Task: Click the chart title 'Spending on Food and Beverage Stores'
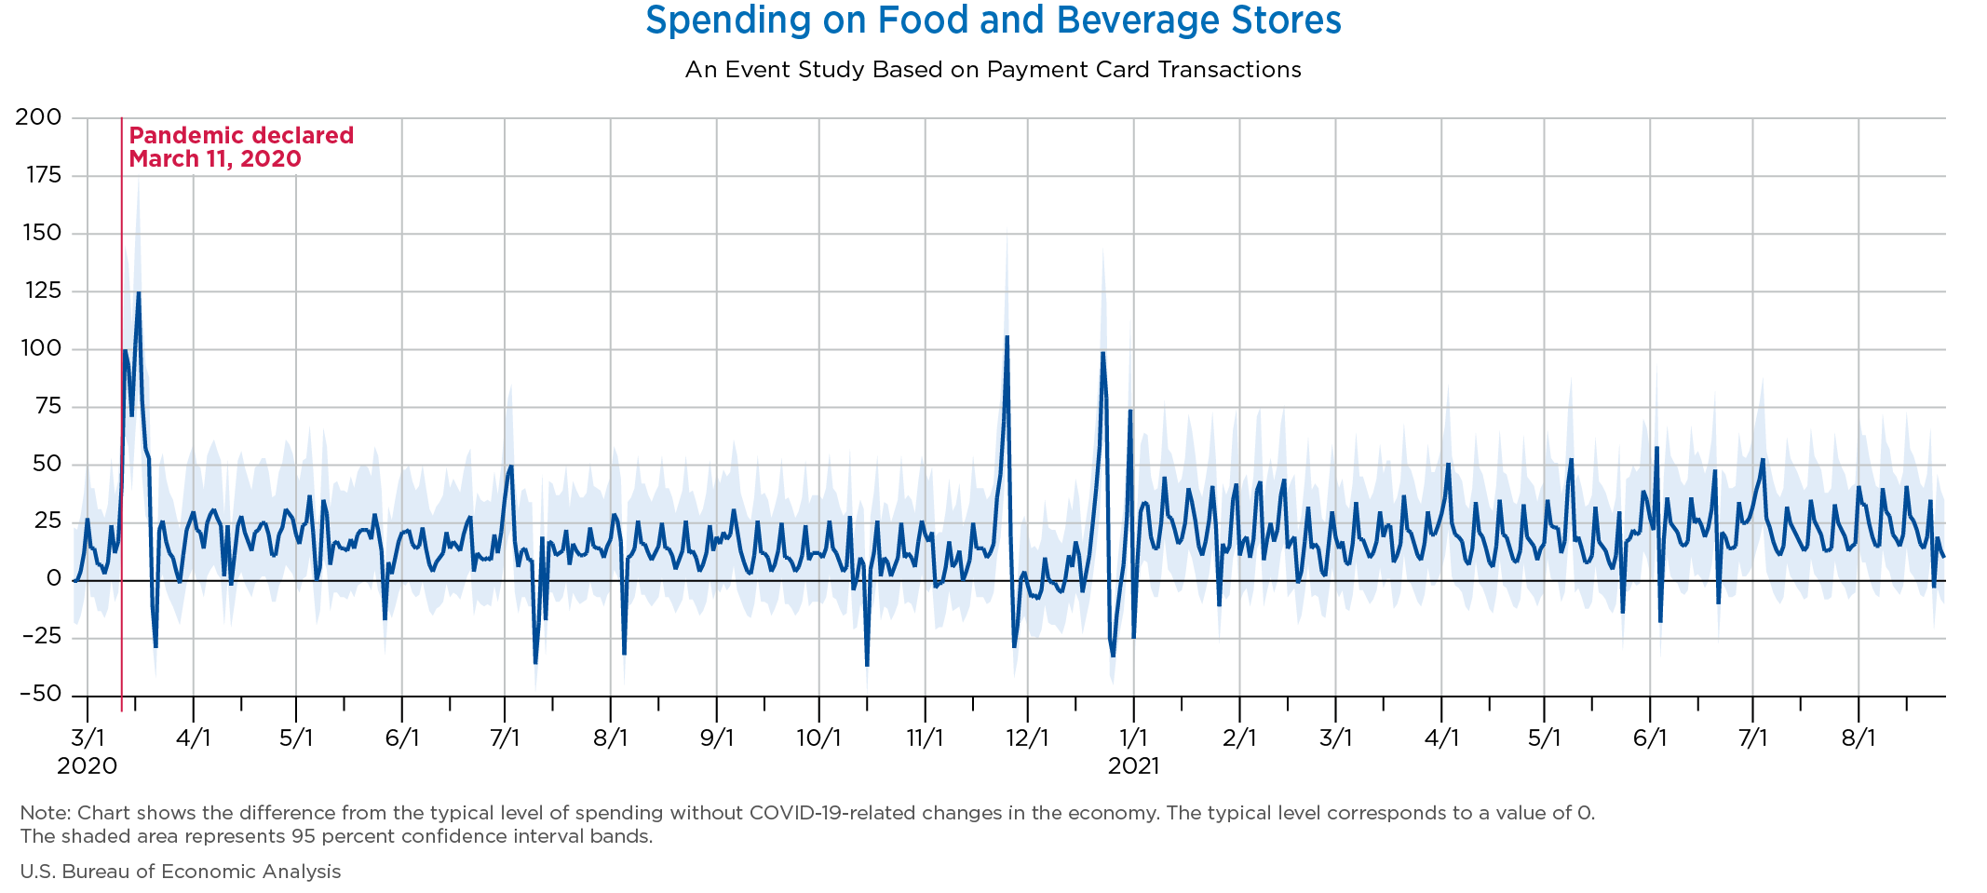pyautogui.click(x=993, y=20)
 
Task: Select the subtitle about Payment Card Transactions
pyautogui.click(x=993, y=70)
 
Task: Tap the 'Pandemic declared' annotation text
pyautogui.click(x=240, y=136)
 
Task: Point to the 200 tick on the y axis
pyautogui.click(x=38, y=117)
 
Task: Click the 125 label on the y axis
pyautogui.click(x=38, y=291)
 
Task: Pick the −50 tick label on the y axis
pyautogui.click(x=38, y=695)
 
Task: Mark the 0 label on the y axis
pyautogui.click(x=53, y=579)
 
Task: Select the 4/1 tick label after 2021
pyautogui.click(x=1441, y=738)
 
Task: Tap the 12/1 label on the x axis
pyautogui.click(x=1027, y=738)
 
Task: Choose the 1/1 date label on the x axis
pyautogui.click(x=1133, y=738)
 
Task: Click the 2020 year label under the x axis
pyautogui.click(x=87, y=766)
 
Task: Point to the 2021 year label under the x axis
pyautogui.click(x=1133, y=766)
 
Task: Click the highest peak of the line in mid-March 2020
pyautogui.click(x=139, y=293)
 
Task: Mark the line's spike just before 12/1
pyautogui.click(x=1007, y=337)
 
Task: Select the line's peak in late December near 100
pyautogui.click(x=1102, y=353)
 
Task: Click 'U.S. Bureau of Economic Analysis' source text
pyautogui.click(x=181, y=872)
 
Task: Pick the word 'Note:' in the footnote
pyautogui.click(x=46, y=813)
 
